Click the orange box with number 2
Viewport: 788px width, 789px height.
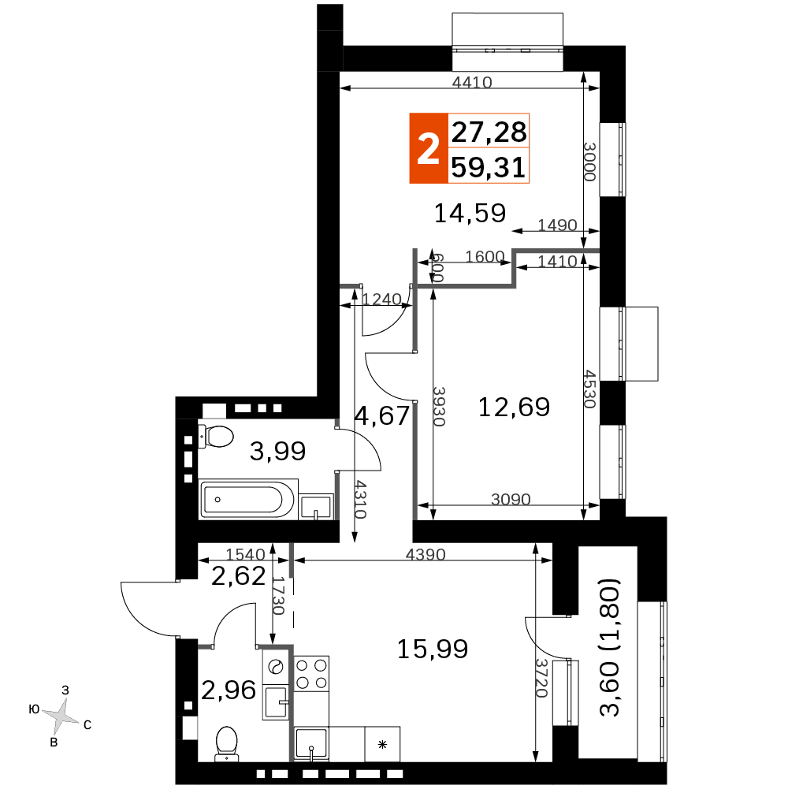click(x=429, y=148)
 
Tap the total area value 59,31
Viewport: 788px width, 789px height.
click(x=489, y=167)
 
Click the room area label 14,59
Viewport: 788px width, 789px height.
click(x=470, y=213)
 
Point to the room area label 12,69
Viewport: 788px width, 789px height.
click(x=514, y=407)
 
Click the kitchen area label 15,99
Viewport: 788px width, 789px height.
click(x=433, y=649)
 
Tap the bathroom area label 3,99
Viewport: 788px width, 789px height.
click(x=277, y=451)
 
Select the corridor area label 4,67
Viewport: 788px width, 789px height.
click(x=382, y=416)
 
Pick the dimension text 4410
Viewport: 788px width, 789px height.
click(x=471, y=82)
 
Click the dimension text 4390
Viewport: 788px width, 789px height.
click(x=426, y=555)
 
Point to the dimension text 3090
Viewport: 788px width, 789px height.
click(x=511, y=499)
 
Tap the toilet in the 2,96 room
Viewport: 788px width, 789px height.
click(x=226, y=742)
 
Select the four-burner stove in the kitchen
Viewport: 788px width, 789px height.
click(x=311, y=674)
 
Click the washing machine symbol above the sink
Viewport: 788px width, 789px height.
click(x=277, y=668)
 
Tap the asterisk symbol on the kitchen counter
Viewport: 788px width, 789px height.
click(x=382, y=744)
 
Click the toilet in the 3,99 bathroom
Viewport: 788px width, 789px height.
click(x=216, y=436)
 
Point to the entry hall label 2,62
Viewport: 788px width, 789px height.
click(x=238, y=576)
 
